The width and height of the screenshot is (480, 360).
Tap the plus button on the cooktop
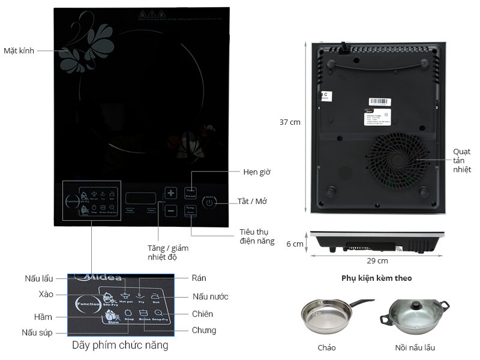coord(171,193)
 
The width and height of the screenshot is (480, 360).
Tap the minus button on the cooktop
coord(171,211)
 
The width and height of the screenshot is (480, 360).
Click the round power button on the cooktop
coord(208,203)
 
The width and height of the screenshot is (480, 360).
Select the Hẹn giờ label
coord(257,172)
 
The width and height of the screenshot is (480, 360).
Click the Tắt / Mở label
coord(253,202)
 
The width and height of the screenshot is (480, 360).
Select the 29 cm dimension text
coord(377,260)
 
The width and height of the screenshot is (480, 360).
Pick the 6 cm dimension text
coord(295,244)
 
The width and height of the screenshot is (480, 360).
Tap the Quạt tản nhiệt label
coord(462,160)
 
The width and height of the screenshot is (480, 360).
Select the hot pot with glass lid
coord(414,319)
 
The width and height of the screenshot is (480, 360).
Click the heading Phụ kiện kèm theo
coord(377,278)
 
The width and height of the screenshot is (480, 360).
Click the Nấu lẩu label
coord(39,279)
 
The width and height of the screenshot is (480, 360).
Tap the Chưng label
coord(204,330)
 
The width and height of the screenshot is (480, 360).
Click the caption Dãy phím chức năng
coord(120,346)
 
